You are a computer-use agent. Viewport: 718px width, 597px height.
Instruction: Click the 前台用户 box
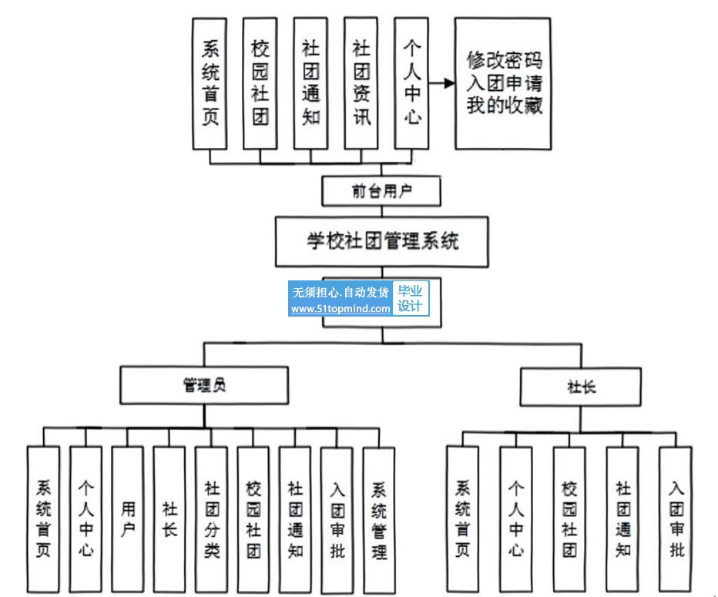pyautogui.click(x=381, y=191)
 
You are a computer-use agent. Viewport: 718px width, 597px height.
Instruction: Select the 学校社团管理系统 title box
pyautogui.click(x=381, y=241)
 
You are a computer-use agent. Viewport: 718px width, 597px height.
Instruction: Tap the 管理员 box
pyautogui.click(x=204, y=385)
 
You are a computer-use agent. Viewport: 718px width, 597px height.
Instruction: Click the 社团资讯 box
pyautogui.click(x=361, y=83)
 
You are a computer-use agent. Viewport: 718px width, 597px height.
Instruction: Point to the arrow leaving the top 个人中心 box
pyautogui.click(x=440, y=83)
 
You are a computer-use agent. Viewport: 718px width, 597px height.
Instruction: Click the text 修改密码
pyautogui.click(x=505, y=60)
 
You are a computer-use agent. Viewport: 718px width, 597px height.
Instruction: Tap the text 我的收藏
pyautogui.click(x=505, y=106)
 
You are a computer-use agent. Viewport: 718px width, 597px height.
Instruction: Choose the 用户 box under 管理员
pyautogui.click(x=128, y=519)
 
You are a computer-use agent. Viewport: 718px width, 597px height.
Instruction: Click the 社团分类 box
pyautogui.click(x=211, y=519)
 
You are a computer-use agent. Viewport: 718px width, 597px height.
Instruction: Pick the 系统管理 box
pyautogui.click(x=379, y=519)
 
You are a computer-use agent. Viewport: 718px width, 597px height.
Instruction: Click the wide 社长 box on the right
pyautogui.click(x=581, y=386)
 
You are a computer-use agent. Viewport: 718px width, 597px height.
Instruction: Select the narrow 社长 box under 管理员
pyautogui.click(x=169, y=519)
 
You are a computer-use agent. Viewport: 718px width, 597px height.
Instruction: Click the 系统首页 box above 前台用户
pyautogui.click(x=210, y=83)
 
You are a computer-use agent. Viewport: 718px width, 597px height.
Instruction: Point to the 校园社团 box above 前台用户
pyautogui.click(x=260, y=83)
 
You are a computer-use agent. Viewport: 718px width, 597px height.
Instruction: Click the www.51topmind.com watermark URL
pyautogui.click(x=341, y=309)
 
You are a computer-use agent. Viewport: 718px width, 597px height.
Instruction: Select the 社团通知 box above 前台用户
pyautogui.click(x=311, y=83)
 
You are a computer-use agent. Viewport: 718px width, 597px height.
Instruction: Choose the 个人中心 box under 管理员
pyautogui.click(x=86, y=519)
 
